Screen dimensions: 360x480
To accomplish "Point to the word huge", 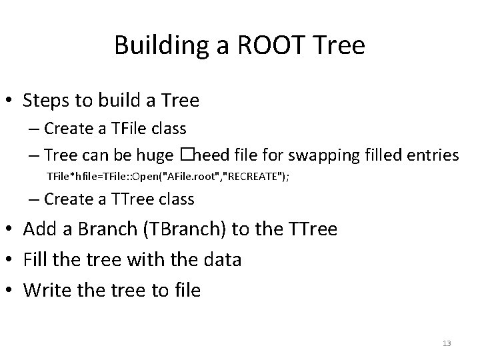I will (155, 156).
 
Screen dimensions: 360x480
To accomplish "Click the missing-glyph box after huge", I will (185, 155).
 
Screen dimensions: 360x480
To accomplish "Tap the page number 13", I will (447, 343).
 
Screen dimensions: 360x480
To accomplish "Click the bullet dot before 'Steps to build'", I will (11, 101).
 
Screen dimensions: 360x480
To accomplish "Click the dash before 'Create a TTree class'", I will (34, 199).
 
